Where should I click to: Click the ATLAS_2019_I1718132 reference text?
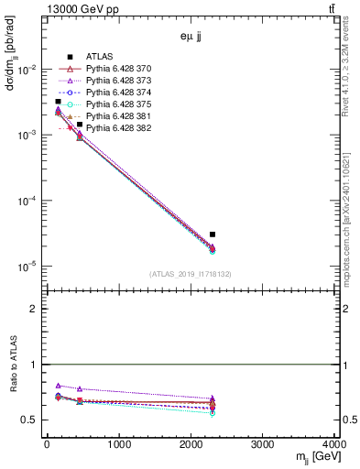(x=191, y=274)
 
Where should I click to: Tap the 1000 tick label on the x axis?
(x=118, y=446)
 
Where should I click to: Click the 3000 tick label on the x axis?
(x=263, y=446)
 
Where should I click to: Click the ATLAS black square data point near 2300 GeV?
(x=212, y=234)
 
